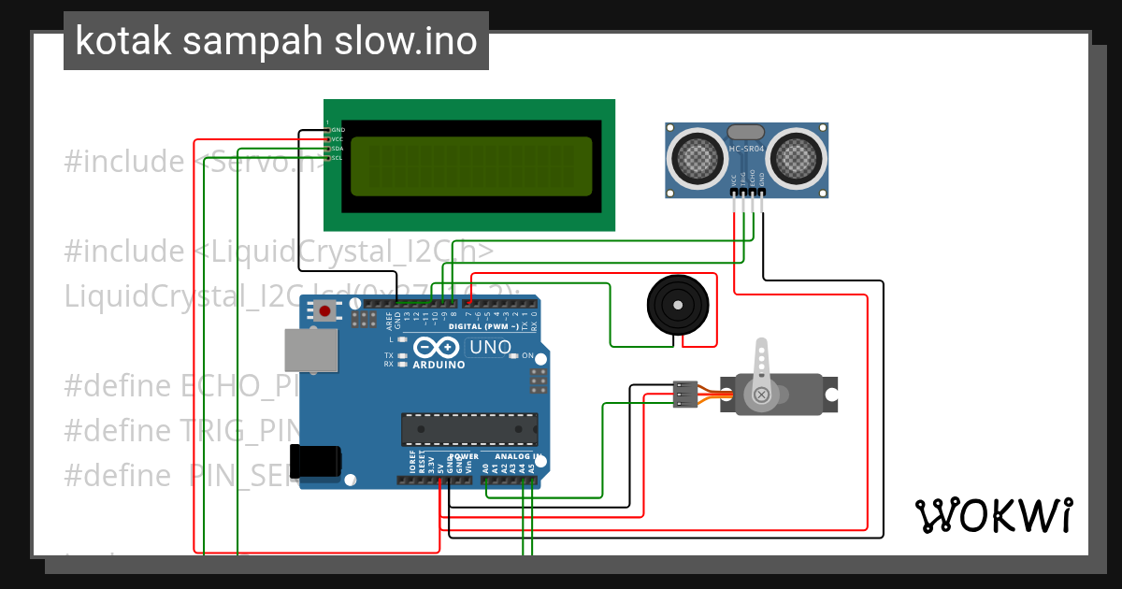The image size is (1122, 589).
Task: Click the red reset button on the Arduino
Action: coord(324,311)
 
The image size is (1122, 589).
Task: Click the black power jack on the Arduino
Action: coord(315,462)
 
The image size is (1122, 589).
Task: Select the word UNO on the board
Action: coord(490,348)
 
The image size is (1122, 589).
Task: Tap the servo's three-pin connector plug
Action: coord(684,395)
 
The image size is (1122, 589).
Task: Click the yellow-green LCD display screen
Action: coord(471,165)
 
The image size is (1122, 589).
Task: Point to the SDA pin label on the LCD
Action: coord(338,149)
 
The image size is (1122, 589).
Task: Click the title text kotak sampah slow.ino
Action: coord(276,41)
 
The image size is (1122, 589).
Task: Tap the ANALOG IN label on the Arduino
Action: coord(511,457)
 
